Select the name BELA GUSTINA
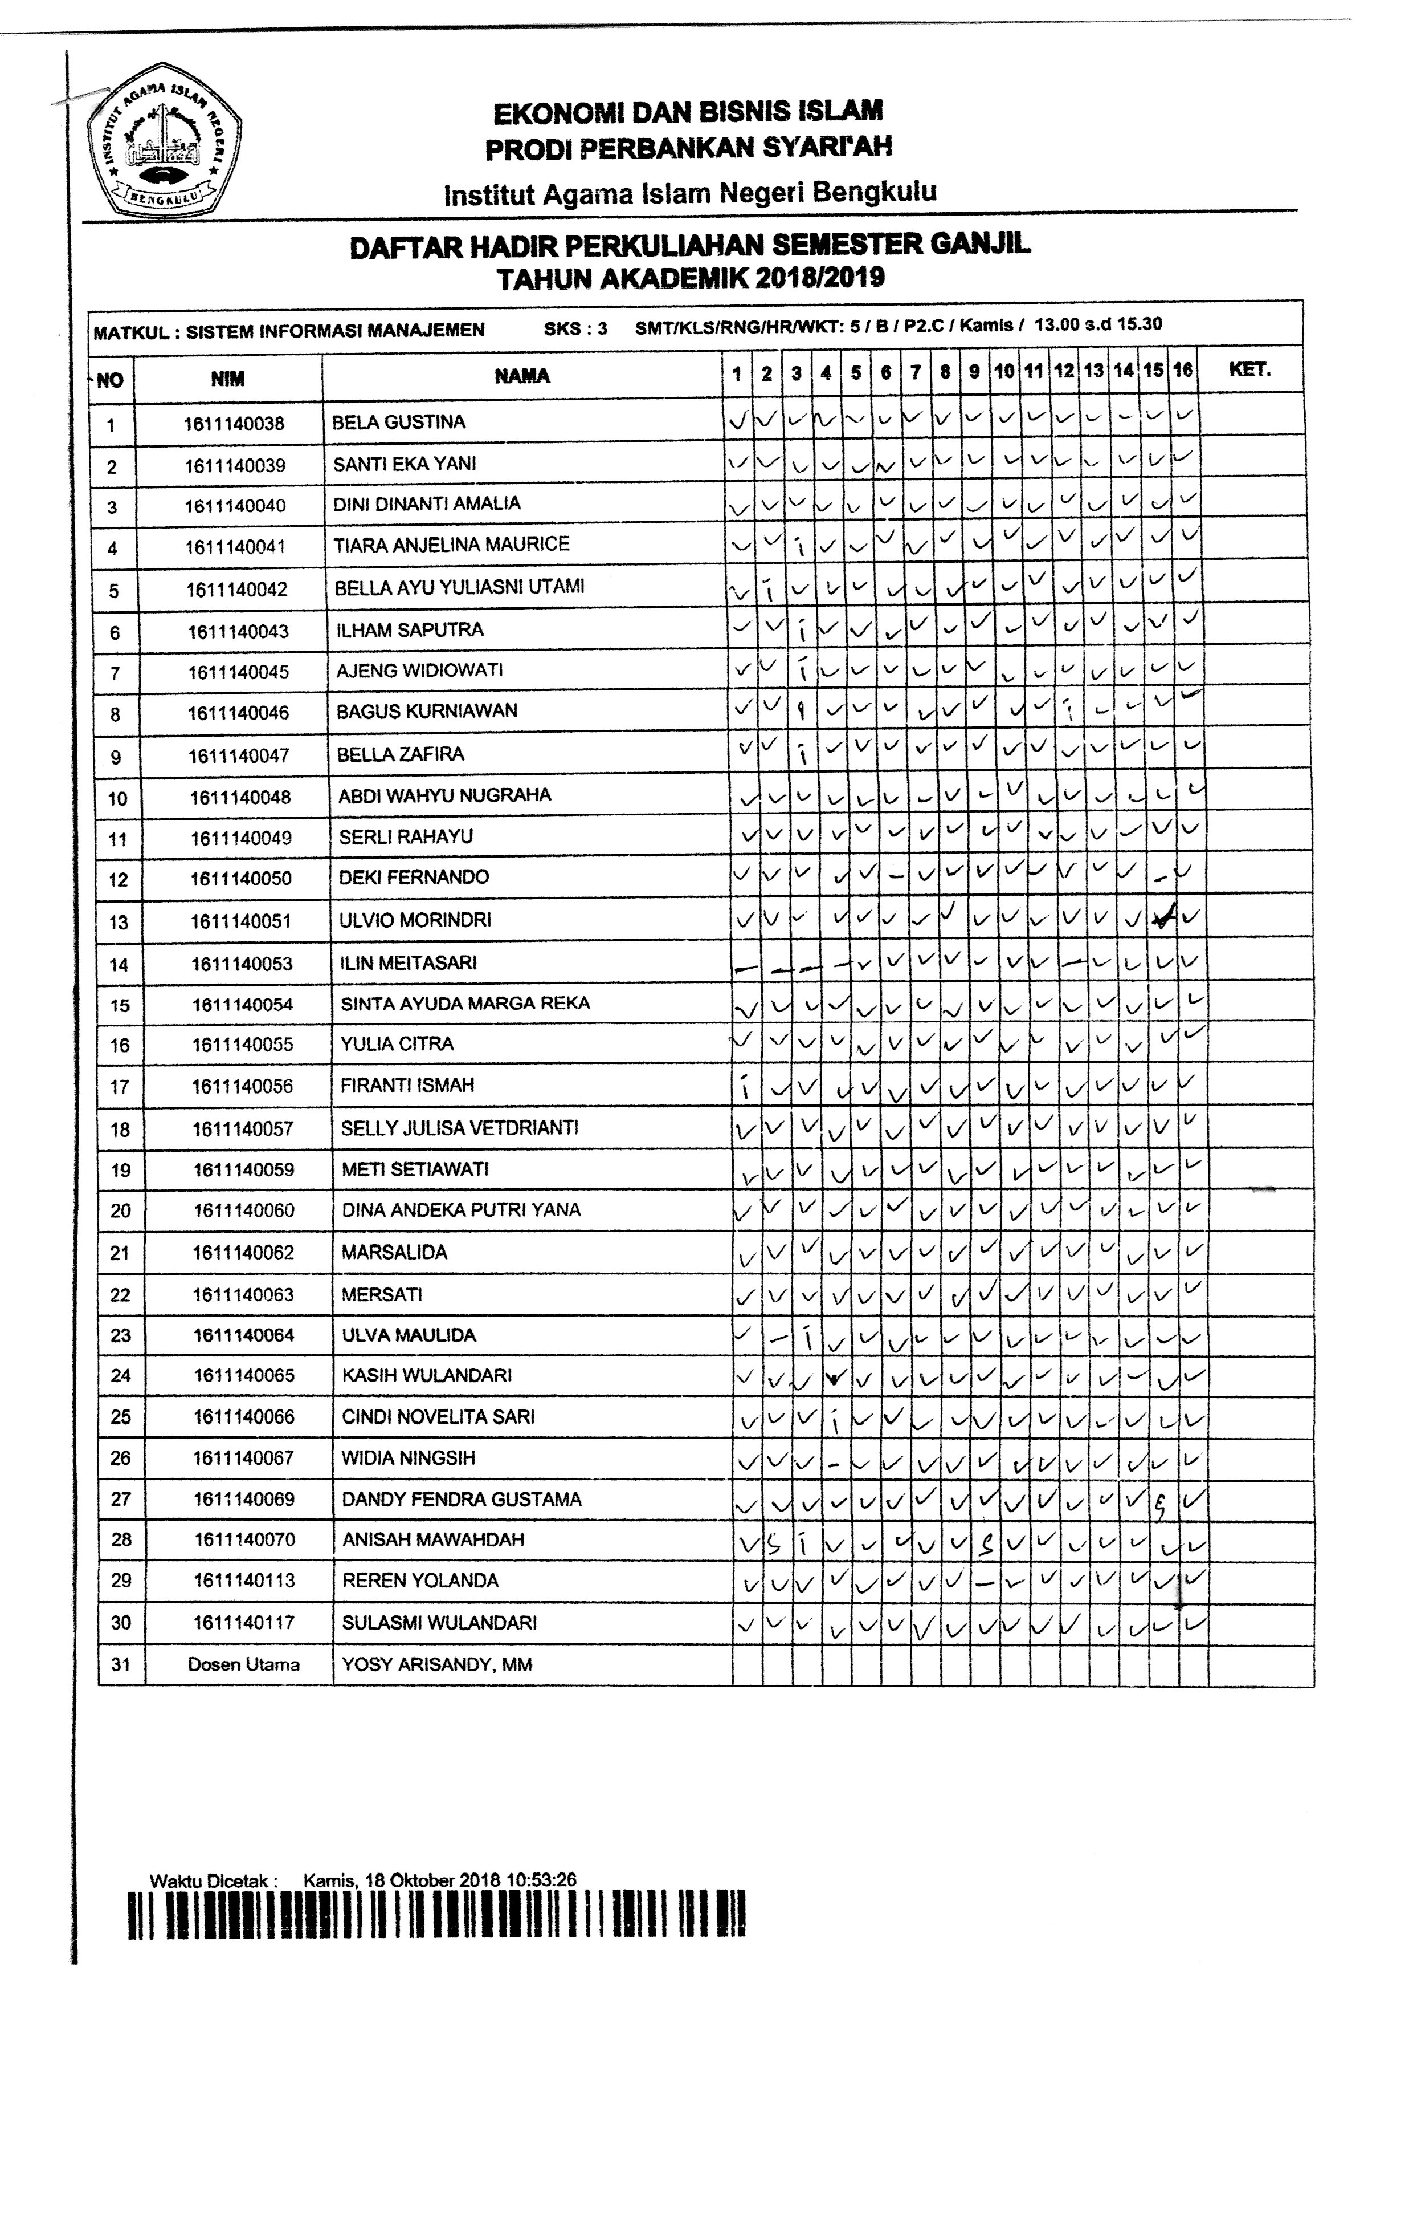(x=398, y=423)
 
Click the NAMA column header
(x=522, y=376)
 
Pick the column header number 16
(x=1182, y=371)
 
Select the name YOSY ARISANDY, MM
(x=436, y=1665)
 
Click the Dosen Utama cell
(x=243, y=1665)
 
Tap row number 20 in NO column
(x=121, y=1210)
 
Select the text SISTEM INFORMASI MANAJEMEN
(x=335, y=330)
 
